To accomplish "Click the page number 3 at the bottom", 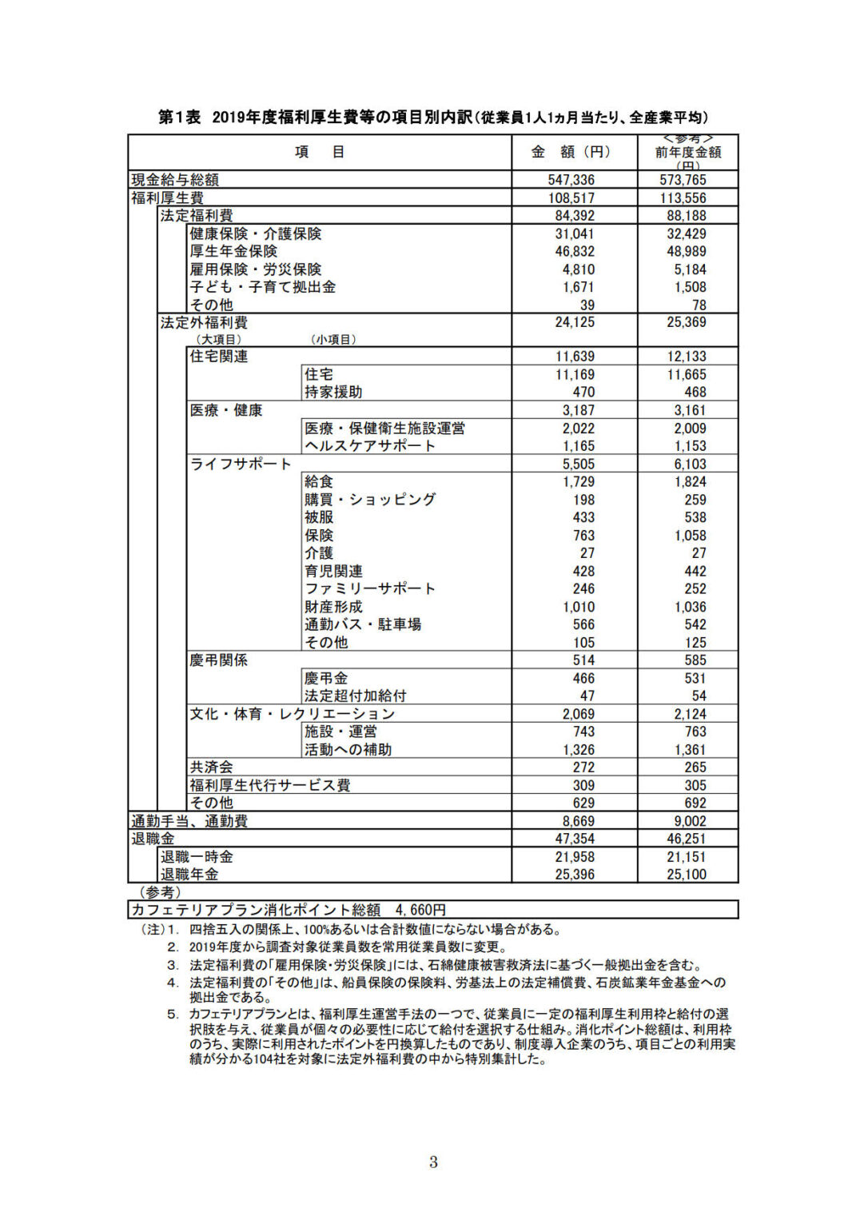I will coord(433,1162).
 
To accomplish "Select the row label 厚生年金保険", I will coord(233,251).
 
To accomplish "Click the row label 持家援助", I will coord(333,392).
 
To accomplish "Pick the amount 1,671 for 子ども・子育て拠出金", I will coord(578,287).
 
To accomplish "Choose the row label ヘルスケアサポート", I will coord(370,445).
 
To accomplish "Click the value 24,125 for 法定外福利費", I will coord(575,322).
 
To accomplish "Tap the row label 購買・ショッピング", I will coord(370,500).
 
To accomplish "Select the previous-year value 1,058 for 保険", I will coord(690,536).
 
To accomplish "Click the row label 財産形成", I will coord(333,607).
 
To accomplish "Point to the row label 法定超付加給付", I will coord(356,696).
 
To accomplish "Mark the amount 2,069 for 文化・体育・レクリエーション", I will coord(578,714).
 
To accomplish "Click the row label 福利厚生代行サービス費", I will coord(270,785).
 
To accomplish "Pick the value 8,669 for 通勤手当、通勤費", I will coord(578,821).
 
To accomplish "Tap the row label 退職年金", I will coord(189,875).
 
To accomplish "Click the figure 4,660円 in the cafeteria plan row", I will coord(420,910).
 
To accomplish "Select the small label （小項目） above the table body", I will coord(333,340).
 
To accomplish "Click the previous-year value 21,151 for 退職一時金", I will coord(687,857).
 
